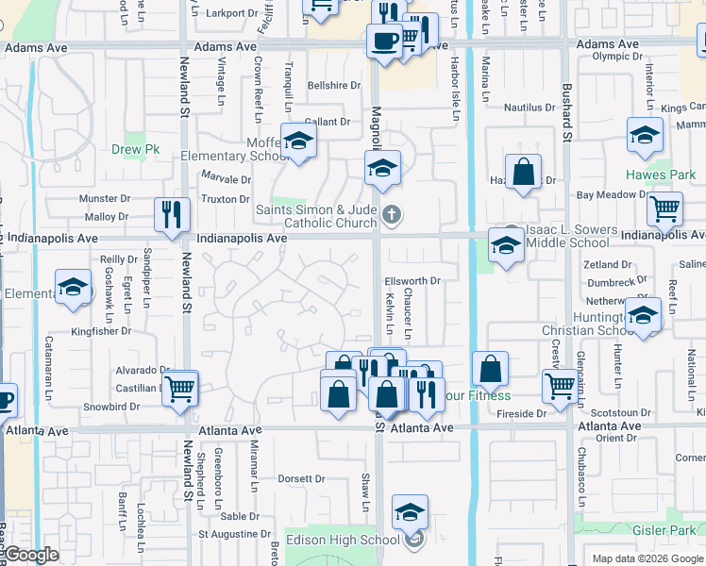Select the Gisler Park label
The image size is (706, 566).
pos(669,531)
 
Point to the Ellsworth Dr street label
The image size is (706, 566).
pos(412,281)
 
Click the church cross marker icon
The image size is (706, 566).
pos(392,216)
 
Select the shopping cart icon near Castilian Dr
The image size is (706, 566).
pos(179,388)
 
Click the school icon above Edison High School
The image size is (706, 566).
pos(410,513)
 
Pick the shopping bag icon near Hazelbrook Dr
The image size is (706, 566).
pos(523,173)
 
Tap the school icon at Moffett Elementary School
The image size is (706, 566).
pos(299,141)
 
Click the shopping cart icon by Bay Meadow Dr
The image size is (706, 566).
pos(665,208)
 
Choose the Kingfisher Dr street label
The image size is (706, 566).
pos(106,331)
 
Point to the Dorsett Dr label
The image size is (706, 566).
pos(301,479)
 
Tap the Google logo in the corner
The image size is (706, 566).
pos(31,556)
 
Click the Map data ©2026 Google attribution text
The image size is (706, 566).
pos(647,558)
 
